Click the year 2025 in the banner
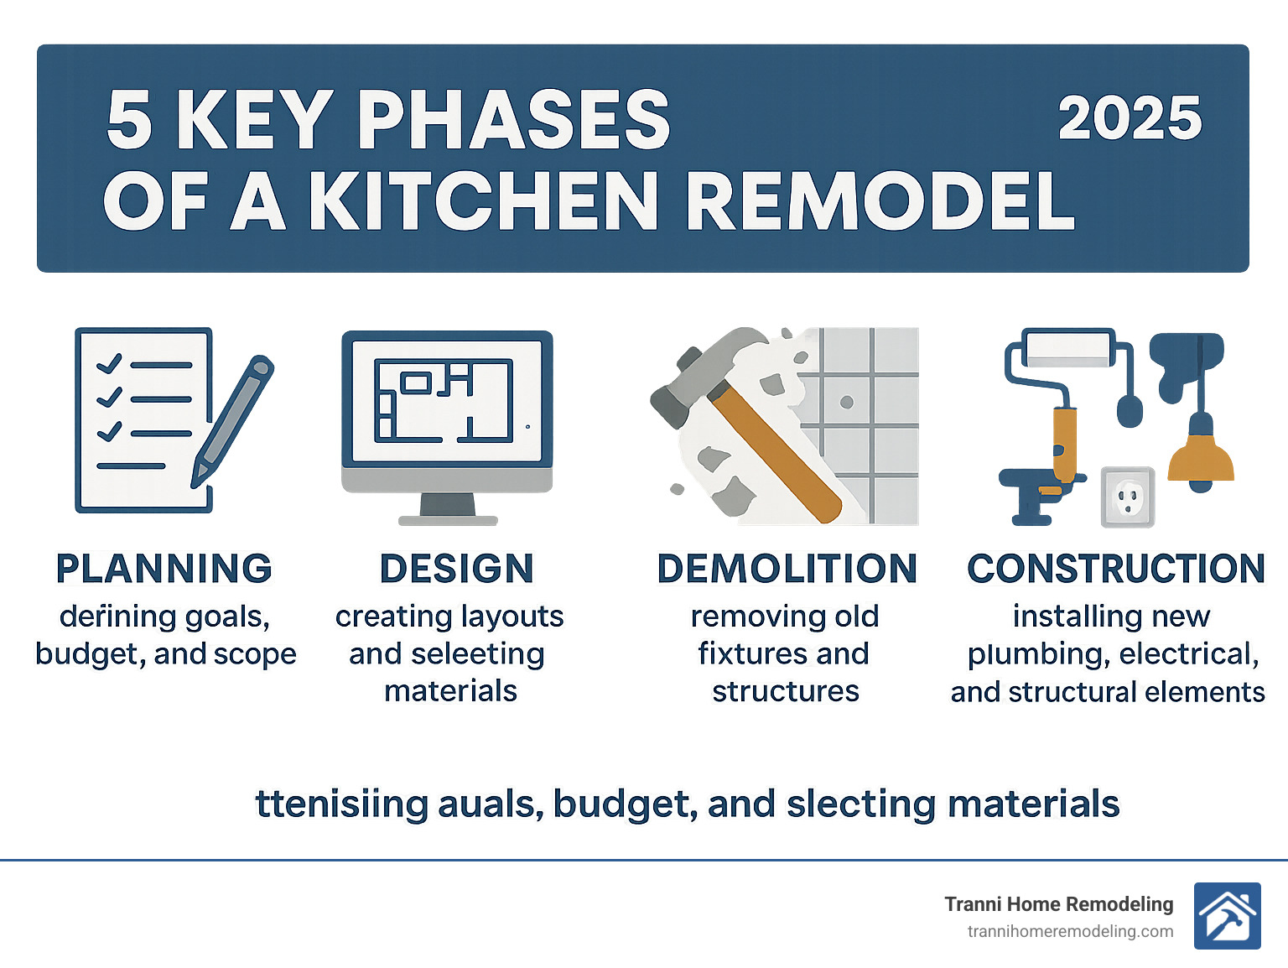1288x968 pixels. [x=1129, y=118]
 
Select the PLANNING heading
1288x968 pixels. [x=164, y=569]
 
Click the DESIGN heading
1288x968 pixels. [x=456, y=569]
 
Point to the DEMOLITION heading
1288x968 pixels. [x=787, y=569]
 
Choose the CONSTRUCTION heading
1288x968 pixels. [x=1115, y=569]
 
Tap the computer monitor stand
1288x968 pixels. [x=448, y=508]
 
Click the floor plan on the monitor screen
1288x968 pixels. [x=443, y=400]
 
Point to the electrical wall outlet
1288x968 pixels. [x=1128, y=497]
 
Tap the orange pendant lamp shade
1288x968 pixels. [x=1201, y=461]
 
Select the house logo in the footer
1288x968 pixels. [x=1227, y=916]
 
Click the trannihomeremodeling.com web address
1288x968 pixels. [x=1070, y=931]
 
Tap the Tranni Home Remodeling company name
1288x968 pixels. [x=1058, y=903]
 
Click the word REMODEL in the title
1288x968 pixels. [x=880, y=202]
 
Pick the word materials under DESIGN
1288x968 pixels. [x=450, y=691]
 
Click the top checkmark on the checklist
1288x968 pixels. [x=109, y=364]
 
